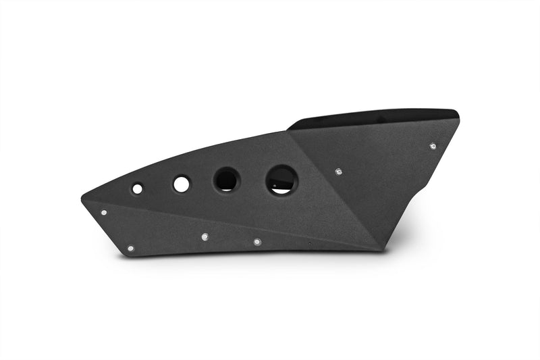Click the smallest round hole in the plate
click(x=137, y=188)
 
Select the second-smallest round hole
click(x=181, y=184)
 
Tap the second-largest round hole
click(x=226, y=180)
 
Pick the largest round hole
click(x=281, y=180)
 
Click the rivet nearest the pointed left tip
click(x=103, y=212)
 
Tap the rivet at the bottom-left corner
click(x=130, y=249)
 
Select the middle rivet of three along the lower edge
click(x=205, y=237)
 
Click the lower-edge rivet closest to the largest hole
click(x=257, y=241)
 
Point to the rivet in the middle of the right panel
click(x=338, y=172)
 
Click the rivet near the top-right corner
click(x=433, y=145)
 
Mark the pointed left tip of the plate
click(x=82, y=198)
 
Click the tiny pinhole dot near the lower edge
click(x=309, y=244)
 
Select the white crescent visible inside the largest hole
click(x=284, y=189)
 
